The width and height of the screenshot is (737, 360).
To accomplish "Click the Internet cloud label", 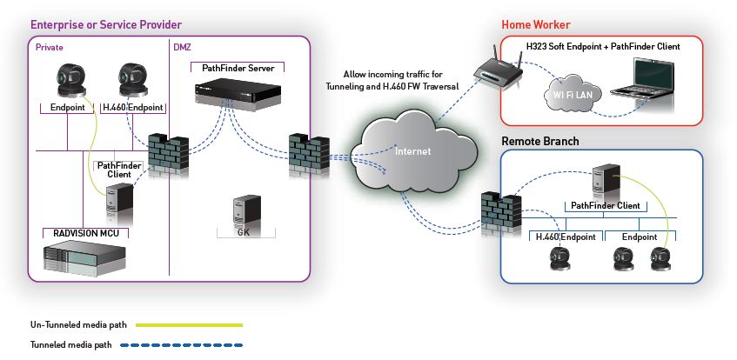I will click(x=412, y=151).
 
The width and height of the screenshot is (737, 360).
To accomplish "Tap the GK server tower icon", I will click(x=243, y=210).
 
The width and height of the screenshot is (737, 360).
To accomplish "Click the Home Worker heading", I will click(x=536, y=24).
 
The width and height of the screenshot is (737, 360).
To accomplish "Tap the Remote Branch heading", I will click(x=540, y=141).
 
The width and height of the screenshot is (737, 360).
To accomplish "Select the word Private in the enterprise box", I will click(x=50, y=46).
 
